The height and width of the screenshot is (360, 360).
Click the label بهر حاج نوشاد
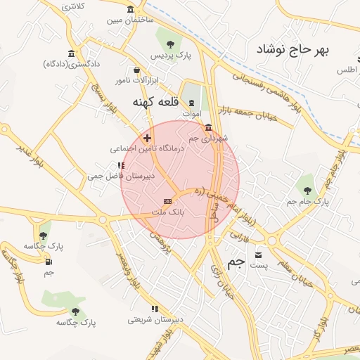293,50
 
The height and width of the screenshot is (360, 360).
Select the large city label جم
236,263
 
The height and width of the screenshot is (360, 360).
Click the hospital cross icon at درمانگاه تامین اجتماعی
146,138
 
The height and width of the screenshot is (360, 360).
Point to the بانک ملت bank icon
167,201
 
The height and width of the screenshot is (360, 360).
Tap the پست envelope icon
259,255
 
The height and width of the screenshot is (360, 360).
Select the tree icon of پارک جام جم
307,188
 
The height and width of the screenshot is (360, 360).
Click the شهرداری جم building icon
208,127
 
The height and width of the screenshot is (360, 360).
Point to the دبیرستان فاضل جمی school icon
121,165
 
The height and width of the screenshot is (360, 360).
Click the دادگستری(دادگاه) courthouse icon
71,53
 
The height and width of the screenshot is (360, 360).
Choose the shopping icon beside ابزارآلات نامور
136,70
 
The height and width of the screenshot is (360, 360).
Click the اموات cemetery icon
191,102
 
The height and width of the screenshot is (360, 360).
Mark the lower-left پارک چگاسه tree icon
76,311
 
